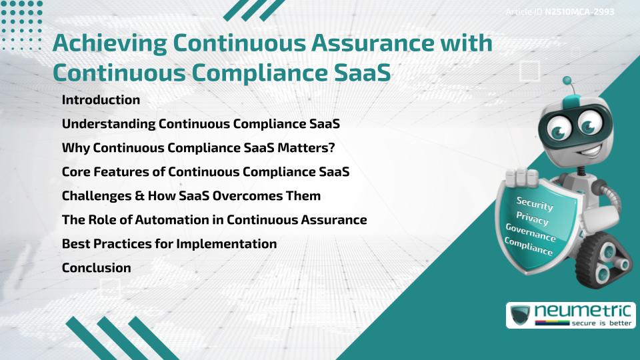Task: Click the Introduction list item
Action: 101,100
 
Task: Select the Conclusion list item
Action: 96,268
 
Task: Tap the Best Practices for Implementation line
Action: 169,244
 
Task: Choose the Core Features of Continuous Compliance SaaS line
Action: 205,172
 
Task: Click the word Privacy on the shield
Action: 532,219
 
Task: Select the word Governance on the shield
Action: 530,233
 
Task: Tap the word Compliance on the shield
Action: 529,247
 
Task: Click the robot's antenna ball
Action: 567,81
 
